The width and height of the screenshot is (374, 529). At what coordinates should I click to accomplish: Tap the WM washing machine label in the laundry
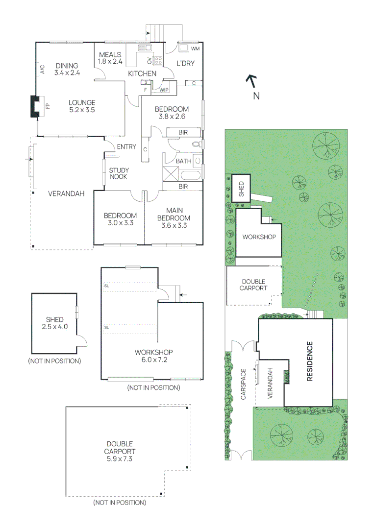pyautogui.click(x=195, y=49)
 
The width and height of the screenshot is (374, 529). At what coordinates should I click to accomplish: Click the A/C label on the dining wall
pyautogui.click(x=42, y=70)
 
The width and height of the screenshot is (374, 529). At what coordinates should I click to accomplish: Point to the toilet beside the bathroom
pyautogui.click(x=196, y=144)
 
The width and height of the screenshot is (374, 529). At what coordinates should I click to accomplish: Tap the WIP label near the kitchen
pyautogui.click(x=164, y=90)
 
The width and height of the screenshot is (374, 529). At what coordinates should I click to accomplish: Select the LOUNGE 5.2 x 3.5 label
pyautogui.click(x=82, y=106)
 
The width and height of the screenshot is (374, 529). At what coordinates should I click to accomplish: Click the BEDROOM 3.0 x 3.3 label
pyautogui.click(x=120, y=219)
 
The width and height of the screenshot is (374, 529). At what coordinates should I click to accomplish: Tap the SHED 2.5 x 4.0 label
pyautogui.click(x=54, y=323)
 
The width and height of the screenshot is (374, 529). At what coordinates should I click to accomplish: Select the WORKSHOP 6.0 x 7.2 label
pyautogui.click(x=154, y=356)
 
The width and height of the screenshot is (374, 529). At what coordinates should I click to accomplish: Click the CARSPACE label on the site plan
pyautogui.click(x=244, y=385)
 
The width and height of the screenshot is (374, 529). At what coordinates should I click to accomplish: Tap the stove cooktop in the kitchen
pyautogui.click(x=158, y=61)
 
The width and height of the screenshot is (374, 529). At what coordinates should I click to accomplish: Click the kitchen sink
pyautogui.click(x=145, y=48)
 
